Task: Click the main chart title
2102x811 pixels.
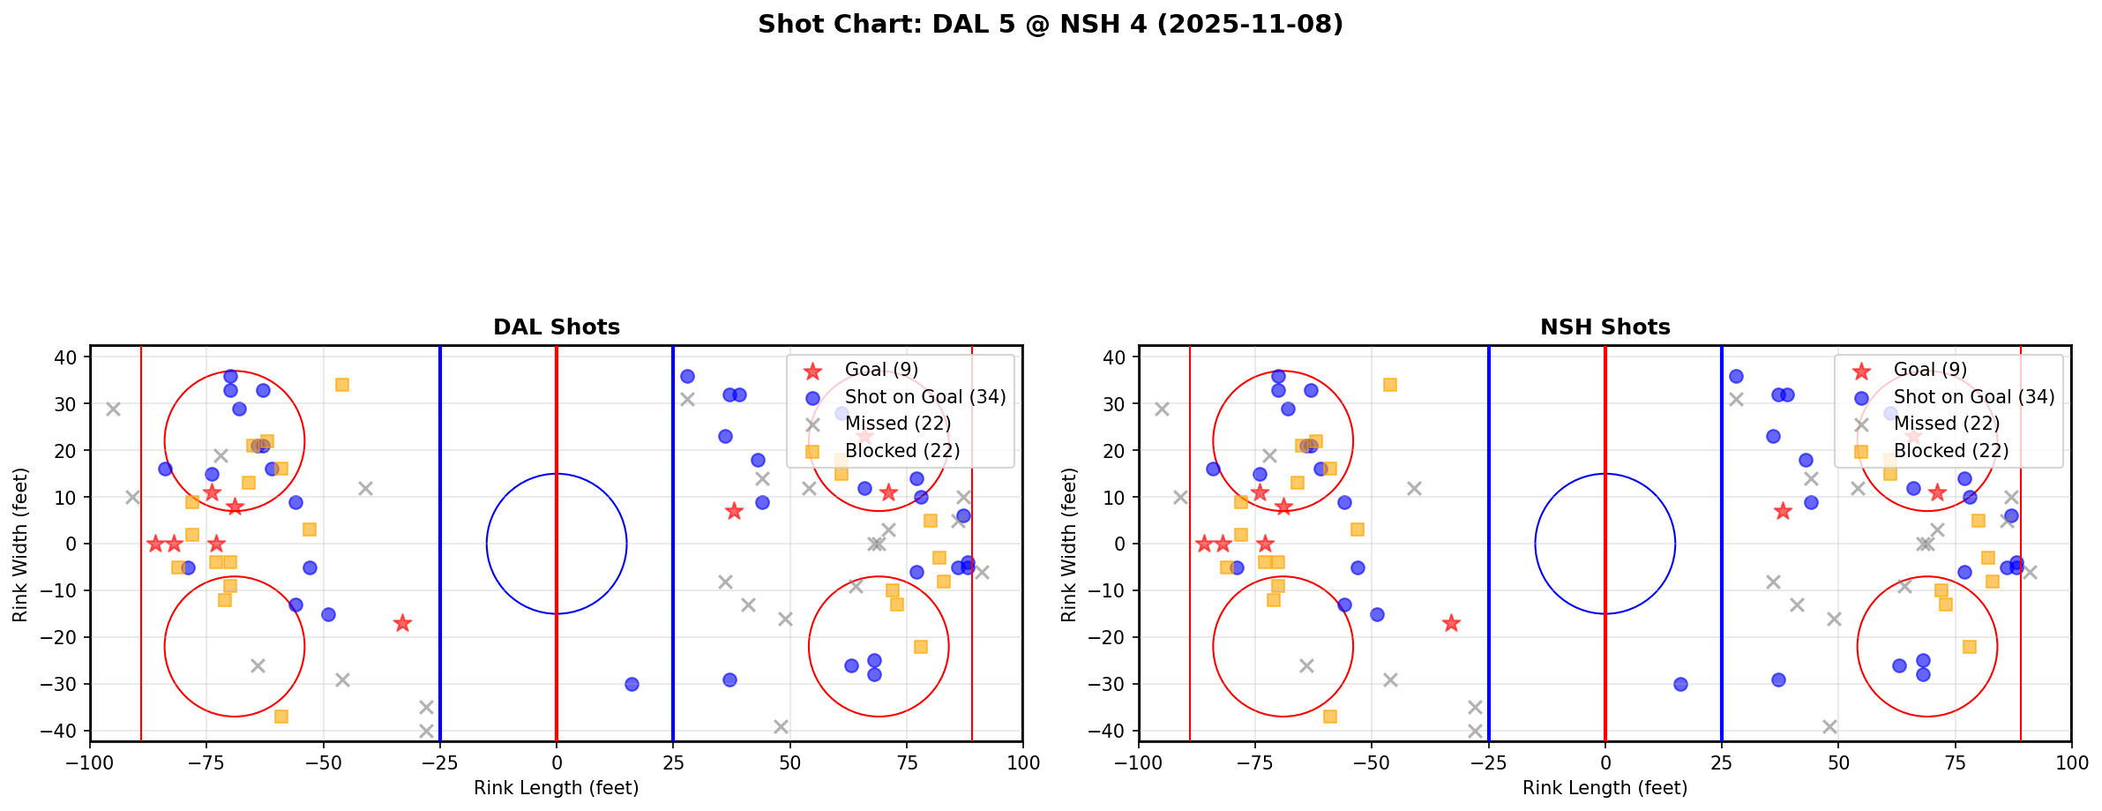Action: pyautogui.click(x=1050, y=24)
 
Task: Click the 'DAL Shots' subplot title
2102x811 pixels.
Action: pyautogui.click(x=557, y=327)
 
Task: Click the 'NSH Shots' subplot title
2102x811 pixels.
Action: pyautogui.click(x=1605, y=327)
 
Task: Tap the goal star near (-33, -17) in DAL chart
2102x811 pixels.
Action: pyautogui.click(x=402, y=623)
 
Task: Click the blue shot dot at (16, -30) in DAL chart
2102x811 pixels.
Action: pyautogui.click(x=632, y=684)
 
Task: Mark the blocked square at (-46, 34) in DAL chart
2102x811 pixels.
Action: pyautogui.click(x=342, y=385)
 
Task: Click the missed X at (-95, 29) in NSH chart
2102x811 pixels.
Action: pyautogui.click(x=1162, y=409)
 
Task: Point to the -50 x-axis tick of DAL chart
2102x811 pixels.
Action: pyautogui.click(x=324, y=762)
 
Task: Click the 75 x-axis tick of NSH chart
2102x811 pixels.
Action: pyautogui.click(x=1955, y=762)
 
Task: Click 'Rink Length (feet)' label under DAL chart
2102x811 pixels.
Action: pyautogui.click(x=557, y=788)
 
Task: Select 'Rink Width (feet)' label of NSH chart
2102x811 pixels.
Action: pyautogui.click(x=1069, y=544)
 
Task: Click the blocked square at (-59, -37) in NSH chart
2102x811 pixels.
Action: pyautogui.click(x=1330, y=717)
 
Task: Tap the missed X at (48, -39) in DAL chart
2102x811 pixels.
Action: pyautogui.click(x=781, y=726)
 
